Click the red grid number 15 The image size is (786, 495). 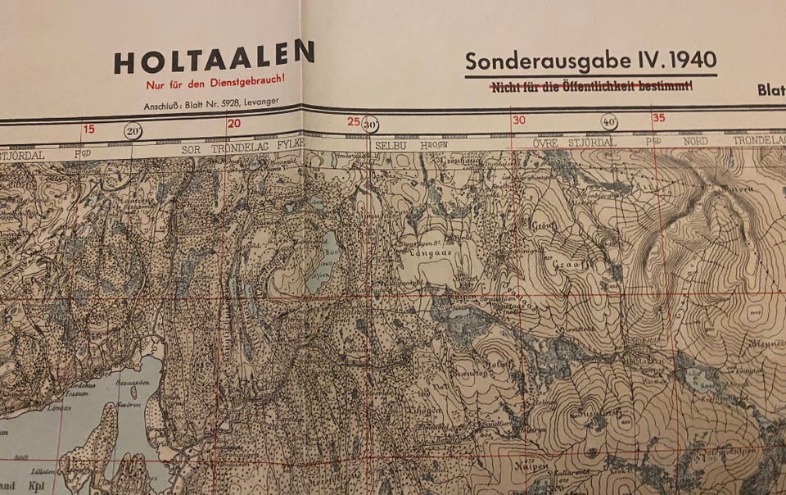(x=88, y=129)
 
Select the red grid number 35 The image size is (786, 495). (x=658, y=118)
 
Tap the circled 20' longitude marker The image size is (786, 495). (x=133, y=129)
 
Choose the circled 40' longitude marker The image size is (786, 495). (x=609, y=121)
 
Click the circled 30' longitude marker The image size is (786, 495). (x=370, y=125)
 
